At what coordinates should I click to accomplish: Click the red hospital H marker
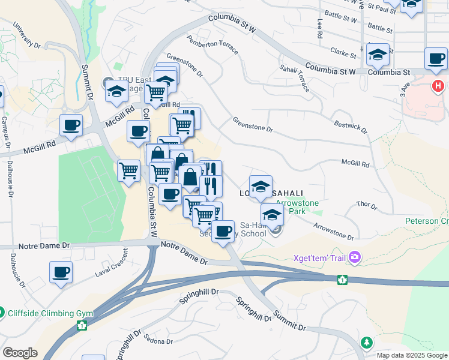(438, 86)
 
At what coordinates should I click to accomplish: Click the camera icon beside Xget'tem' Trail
(355, 257)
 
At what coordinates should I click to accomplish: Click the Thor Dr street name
(366, 206)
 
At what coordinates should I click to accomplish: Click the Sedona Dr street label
(157, 341)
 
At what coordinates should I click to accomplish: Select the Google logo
(19, 353)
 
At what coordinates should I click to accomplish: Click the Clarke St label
(343, 53)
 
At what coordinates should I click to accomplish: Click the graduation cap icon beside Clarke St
(378, 54)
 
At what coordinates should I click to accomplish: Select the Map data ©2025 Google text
(412, 355)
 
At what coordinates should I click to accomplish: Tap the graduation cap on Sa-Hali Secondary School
(272, 214)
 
